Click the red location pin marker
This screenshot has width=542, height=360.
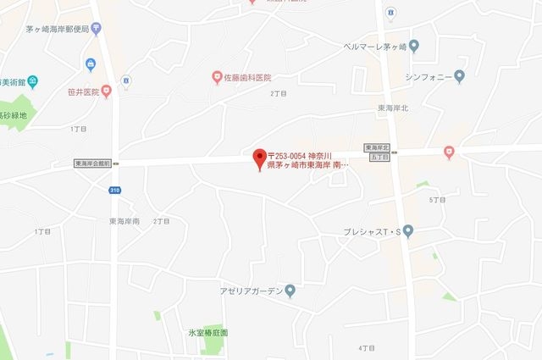coord(260,158)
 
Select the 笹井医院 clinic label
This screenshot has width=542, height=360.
coord(83,91)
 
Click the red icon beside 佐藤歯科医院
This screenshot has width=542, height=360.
coord(216,77)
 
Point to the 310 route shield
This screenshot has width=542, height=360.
coord(114,190)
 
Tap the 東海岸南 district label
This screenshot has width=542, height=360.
coord(124,221)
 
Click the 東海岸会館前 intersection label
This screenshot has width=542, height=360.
coord(94,163)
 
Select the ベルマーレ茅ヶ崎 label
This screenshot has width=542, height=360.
coord(374,46)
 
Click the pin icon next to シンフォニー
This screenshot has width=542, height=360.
coord(460,76)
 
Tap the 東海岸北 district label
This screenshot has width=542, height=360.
coord(393,108)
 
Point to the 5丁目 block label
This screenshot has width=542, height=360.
coord(437,199)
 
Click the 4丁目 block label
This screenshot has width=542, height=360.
coord(366,347)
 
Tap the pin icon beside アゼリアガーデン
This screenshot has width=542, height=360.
coord(290,291)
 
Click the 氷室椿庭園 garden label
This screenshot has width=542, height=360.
coord(208,333)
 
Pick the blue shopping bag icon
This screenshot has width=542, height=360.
coord(90,64)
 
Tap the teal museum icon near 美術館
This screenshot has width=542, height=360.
coord(32,81)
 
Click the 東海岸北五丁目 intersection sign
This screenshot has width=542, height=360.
coord(377,152)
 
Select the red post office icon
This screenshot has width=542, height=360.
coord(97,29)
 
